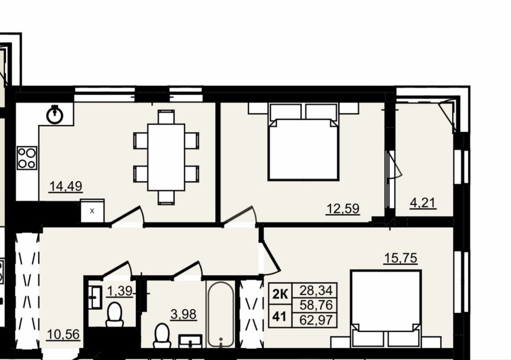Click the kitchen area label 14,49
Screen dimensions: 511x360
[65, 186]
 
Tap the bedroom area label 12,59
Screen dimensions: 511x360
[343, 209]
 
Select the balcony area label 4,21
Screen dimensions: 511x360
[423, 203]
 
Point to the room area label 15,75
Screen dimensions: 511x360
[401, 258]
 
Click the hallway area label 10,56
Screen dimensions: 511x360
[63, 335]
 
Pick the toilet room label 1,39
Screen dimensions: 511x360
[120, 291]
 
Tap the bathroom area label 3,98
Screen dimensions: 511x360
[183, 314]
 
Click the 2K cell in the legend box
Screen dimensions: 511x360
[280, 294]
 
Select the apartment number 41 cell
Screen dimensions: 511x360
[279, 316]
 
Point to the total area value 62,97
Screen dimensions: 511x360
[316, 320]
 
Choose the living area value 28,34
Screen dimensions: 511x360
[316, 290]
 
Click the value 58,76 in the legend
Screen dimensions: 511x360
[316, 305]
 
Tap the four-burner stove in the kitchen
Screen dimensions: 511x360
[27, 158]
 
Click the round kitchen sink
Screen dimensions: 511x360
[55, 115]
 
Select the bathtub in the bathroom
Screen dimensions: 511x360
[220, 315]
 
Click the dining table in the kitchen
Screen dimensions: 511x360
[166, 157]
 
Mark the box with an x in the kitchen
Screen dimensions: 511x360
[92, 211]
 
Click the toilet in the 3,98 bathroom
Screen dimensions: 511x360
[162, 336]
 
